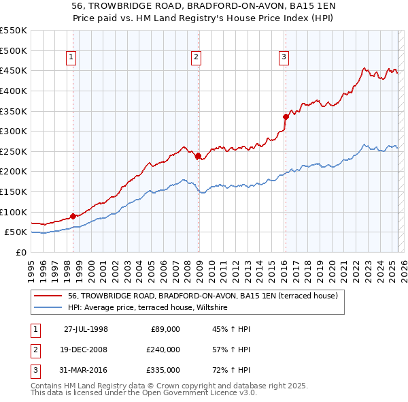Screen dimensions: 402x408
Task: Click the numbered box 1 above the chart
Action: (x=72, y=58)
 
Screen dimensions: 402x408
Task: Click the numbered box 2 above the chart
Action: (x=196, y=58)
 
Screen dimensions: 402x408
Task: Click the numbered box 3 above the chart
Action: (x=283, y=58)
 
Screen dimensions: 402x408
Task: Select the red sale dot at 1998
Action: (x=73, y=217)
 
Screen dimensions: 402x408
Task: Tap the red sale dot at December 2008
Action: (x=198, y=156)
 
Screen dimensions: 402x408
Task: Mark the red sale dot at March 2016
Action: (x=285, y=117)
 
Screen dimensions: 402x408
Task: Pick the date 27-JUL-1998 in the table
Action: (x=86, y=329)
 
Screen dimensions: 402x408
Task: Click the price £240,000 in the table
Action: (x=163, y=350)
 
